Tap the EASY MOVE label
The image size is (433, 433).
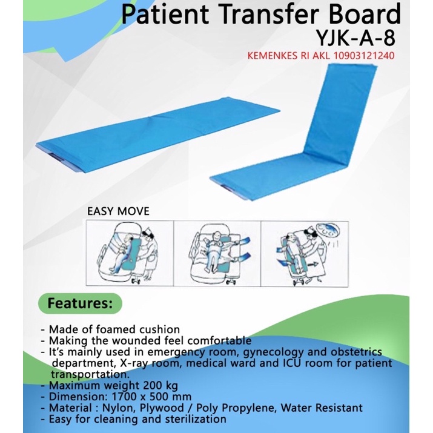pos(118,211)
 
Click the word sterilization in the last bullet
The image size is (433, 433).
pos(194,419)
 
